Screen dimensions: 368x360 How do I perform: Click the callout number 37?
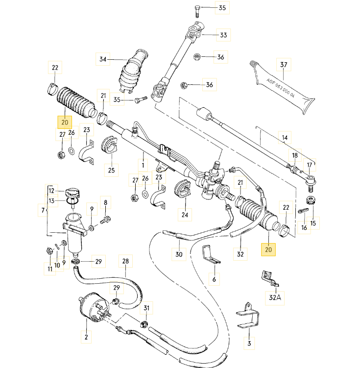click(x=283, y=64)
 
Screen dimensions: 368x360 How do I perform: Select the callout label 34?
click(x=102, y=60)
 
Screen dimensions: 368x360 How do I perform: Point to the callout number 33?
click(x=223, y=35)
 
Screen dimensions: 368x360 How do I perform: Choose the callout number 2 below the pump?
click(x=86, y=337)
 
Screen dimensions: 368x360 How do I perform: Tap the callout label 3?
click(x=249, y=343)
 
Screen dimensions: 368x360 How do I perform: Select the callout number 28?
click(x=125, y=261)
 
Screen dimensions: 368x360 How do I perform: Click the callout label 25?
click(x=111, y=170)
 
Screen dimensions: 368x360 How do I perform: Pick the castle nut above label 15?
click(x=311, y=201)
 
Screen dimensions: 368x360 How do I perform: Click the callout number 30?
click(x=178, y=254)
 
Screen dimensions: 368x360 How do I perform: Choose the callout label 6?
click(x=214, y=279)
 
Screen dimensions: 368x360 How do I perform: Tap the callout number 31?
click(x=146, y=308)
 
